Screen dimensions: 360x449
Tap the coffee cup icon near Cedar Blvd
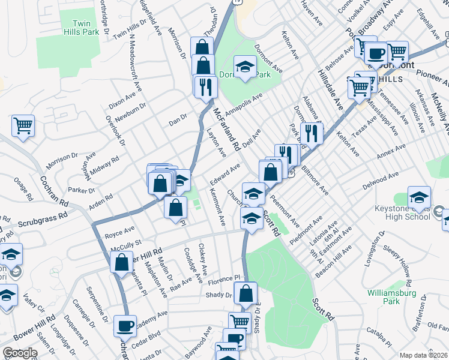[x=125, y=326]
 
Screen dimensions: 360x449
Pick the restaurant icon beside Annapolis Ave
[x=205, y=86]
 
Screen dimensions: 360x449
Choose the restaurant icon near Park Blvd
[x=312, y=132]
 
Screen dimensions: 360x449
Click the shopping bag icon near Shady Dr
[x=246, y=293]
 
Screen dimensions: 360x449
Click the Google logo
[x=20, y=353]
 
